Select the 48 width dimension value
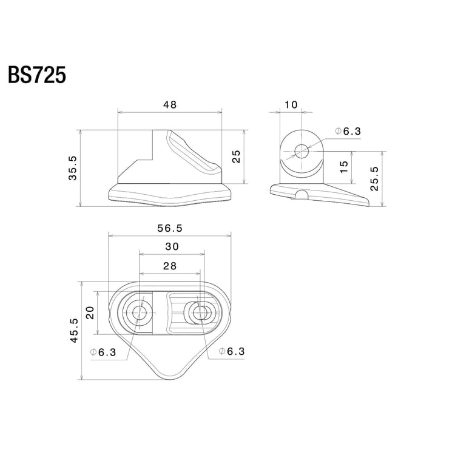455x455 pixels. coord(170,105)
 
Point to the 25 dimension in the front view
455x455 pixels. coord(237,157)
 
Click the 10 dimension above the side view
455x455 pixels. coord(291,105)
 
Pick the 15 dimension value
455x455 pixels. coord(345,167)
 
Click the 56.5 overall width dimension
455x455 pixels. coord(170,228)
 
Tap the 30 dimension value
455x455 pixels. coord(171,247)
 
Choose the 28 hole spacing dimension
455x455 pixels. coord(170,266)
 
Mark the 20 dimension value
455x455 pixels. coord(90,313)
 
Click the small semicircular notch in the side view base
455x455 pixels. coord(301,195)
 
